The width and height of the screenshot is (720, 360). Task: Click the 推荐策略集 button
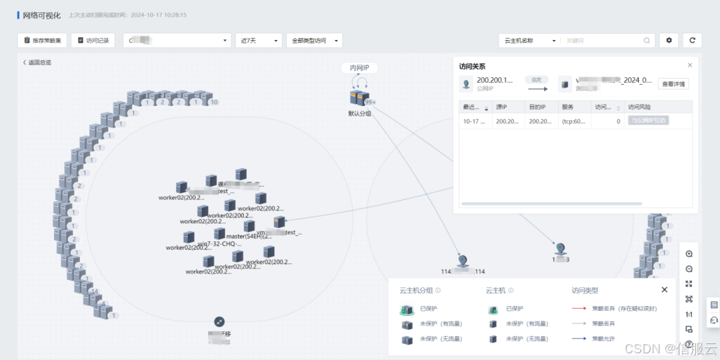click(42, 41)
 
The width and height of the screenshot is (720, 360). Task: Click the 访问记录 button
click(93, 41)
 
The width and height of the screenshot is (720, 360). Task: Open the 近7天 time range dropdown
click(259, 41)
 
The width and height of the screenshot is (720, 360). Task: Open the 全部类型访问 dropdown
click(314, 41)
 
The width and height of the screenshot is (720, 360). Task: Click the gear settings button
click(669, 41)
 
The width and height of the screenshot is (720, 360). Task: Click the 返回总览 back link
click(37, 63)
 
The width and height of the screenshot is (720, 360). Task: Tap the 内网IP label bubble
click(359, 68)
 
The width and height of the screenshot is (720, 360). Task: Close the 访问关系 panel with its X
click(690, 65)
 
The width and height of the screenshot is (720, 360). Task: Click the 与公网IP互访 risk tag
click(648, 121)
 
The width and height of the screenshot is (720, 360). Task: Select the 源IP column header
click(501, 107)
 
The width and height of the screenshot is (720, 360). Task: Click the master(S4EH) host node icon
click(220, 233)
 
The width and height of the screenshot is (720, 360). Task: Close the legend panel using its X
click(664, 290)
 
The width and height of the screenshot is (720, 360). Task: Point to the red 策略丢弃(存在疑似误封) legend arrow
click(579, 309)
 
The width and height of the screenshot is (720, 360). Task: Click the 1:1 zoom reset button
click(689, 314)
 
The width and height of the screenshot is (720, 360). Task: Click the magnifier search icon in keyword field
click(647, 41)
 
